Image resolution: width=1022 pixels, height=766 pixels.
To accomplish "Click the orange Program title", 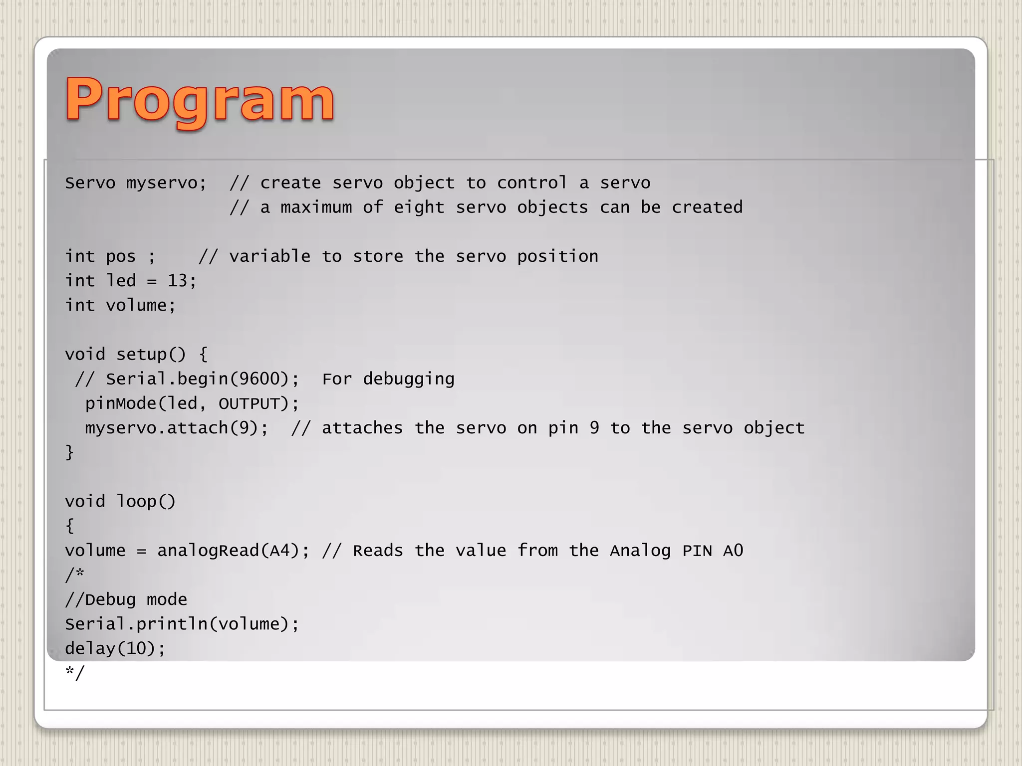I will (200, 101).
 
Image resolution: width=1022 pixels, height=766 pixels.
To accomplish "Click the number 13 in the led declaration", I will (177, 281).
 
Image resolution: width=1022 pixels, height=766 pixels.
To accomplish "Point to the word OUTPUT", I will (250, 403).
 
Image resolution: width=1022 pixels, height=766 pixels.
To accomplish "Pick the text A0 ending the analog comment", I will (733, 551).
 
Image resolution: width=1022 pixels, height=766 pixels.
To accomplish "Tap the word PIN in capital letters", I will (697, 551).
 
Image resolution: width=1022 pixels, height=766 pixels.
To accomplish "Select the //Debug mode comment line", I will (126, 599).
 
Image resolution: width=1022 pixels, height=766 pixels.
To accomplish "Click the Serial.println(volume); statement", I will (182, 624).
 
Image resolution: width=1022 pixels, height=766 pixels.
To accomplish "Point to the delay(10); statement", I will (115, 648).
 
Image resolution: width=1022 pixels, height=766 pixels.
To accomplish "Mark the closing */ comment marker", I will (75, 673).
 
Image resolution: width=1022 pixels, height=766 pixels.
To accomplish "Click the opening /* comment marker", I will (74, 575).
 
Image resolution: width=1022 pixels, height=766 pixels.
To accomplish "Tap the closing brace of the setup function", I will (69, 452).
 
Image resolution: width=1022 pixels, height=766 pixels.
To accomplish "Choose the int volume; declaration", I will (120, 305).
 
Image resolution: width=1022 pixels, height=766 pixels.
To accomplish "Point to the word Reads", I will (377, 551).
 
